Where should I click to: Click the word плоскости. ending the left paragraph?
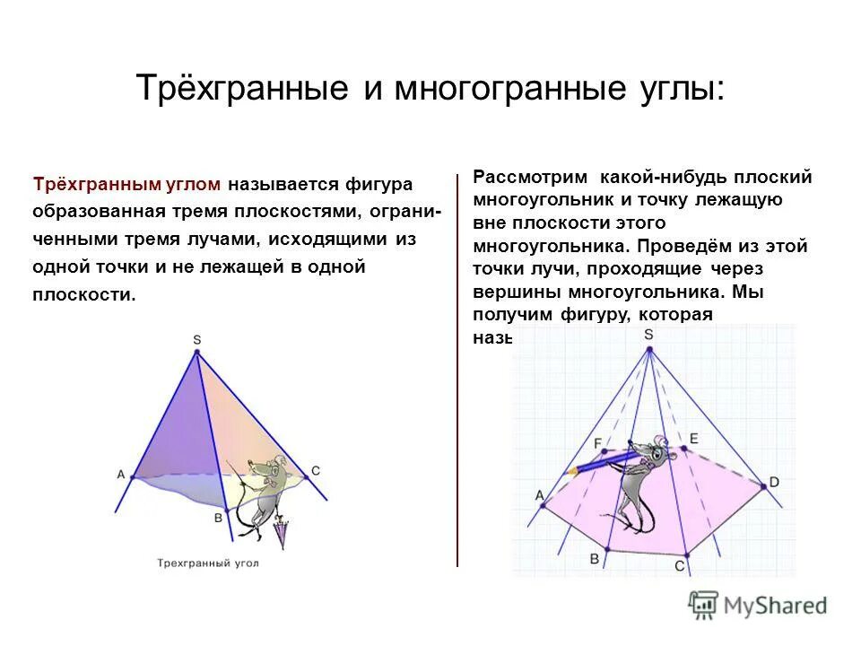[84, 295]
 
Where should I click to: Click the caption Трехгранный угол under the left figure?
[207, 563]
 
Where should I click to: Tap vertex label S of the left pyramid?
[196, 339]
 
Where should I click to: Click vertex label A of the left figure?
[120, 475]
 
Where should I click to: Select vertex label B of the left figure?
[218, 517]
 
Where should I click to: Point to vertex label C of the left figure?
[316, 470]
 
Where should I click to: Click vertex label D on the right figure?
[774, 483]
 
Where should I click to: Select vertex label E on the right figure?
[693, 438]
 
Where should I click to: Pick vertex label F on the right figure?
[597, 443]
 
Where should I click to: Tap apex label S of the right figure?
[648, 335]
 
